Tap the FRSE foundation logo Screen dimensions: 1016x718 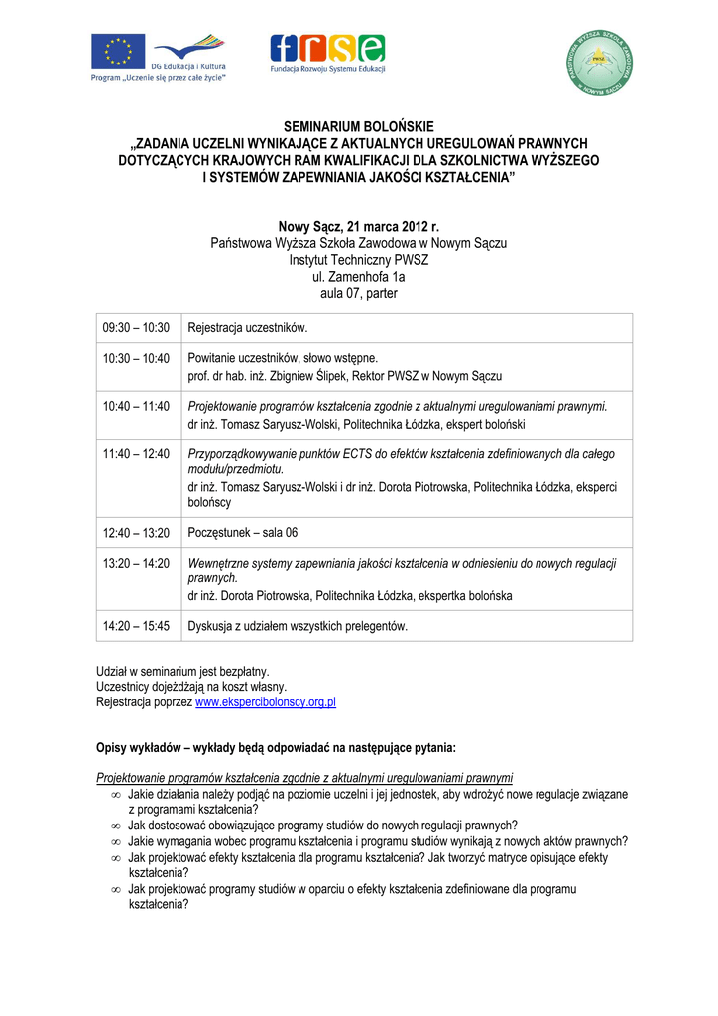coord(327,49)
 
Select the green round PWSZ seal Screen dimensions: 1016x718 coord(600,63)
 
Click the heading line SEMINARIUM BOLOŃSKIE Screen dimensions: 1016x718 coord(359,127)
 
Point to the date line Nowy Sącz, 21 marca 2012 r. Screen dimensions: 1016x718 coord(358,227)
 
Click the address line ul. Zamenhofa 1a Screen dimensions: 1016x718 coord(359,277)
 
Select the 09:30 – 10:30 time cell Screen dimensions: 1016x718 coord(137,328)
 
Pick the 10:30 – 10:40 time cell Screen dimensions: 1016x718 coord(137,358)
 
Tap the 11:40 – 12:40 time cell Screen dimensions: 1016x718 coord(137,453)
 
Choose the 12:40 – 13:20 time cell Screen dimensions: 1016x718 coord(137,533)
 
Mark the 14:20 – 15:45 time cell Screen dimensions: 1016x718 coord(137,626)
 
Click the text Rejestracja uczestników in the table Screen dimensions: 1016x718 coord(248,328)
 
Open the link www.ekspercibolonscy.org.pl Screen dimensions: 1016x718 coord(266,702)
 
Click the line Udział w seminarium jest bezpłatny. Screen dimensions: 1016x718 coord(182,671)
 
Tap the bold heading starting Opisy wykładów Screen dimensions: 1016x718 coord(276,748)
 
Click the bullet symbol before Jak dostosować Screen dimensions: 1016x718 coord(116,825)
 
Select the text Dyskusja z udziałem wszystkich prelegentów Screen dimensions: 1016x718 coord(298,626)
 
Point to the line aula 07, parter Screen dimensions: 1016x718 coord(359,294)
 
